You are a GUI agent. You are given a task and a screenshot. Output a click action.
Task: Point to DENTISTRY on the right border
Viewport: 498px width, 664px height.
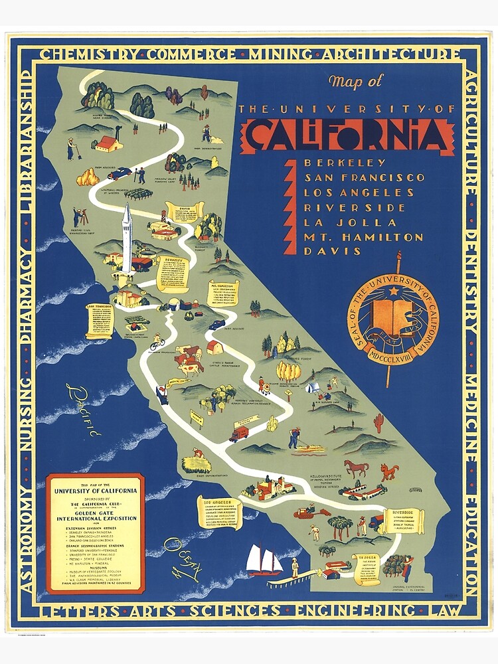tap(471, 282)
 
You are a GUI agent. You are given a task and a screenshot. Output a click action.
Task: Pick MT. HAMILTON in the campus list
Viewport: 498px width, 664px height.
tap(363, 236)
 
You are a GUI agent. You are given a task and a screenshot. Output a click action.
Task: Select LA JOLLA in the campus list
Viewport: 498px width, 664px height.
tap(339, 222)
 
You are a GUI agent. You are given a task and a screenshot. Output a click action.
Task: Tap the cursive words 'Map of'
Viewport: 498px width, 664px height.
tap(355, 82)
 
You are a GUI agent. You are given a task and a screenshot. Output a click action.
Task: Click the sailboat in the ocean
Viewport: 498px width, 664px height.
tap(264, 560)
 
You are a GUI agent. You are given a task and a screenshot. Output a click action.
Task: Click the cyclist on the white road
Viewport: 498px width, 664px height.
tap(157, 342)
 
